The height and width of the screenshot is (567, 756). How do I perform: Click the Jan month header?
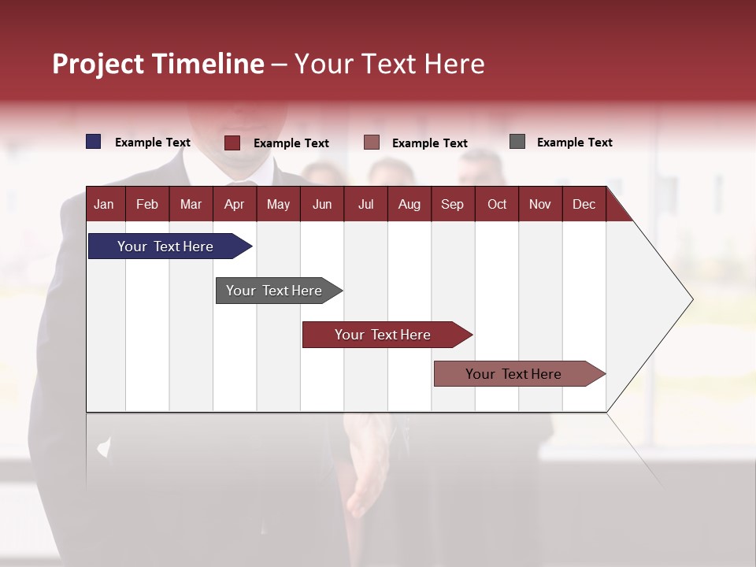(x=104, y=205)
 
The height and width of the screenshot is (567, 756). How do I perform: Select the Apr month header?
(x=234, y=205)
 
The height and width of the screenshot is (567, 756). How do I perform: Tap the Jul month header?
(x=365, y=205)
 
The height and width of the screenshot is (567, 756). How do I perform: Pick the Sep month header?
(x=452, y=205)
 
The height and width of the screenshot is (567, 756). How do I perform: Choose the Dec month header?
(x=584, y=205)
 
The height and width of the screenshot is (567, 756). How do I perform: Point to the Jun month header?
(x=321, y=205)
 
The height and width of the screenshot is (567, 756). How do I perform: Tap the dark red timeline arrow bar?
(x=384, y=335)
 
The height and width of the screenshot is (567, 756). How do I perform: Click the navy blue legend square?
(x=94, y=142)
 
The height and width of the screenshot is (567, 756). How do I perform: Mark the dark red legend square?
(x=232, y=143)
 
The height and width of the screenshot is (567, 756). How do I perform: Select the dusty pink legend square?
(x=372, y=143)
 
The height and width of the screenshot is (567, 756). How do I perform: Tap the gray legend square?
(x=517, y=142)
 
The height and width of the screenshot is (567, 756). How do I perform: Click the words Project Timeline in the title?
(x=157, y=64)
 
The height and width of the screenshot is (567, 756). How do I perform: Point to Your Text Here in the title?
(x=390, y=64)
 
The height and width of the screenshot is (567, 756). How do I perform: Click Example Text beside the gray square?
(x=574, y=143)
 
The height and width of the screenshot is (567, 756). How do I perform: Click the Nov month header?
(x=539, y=205)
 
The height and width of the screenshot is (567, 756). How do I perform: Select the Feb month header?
(x=147, y=205)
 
